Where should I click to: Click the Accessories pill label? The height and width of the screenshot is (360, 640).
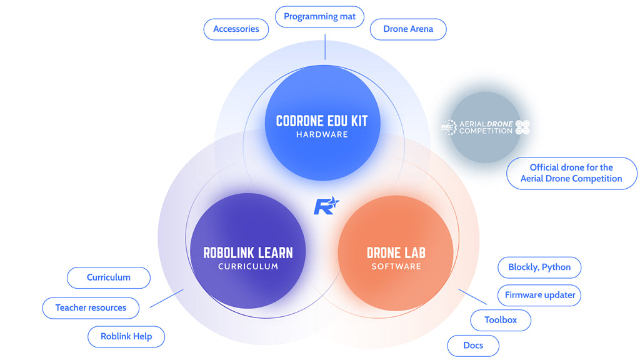(x=236, y=29)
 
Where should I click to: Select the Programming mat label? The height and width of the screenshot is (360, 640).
(x=319, y=17)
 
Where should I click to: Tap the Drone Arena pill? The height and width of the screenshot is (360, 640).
(x=408, y=29)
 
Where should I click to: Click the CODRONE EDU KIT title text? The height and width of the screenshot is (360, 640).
(x=322, y=121)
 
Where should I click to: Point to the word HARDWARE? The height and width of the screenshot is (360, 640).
(x=322, y=134)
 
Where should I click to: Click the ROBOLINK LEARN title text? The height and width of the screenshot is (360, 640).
(x=247, y=252)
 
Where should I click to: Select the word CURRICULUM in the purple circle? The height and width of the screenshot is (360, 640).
(x=247, y=267)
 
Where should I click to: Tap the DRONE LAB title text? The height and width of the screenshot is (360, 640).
(x=396, y=252)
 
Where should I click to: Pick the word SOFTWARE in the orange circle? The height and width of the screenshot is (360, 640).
(x=396, y=267)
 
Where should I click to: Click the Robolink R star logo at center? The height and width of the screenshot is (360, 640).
(x=326, y=205)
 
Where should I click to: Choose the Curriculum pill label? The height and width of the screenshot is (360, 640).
(x=109, y=277)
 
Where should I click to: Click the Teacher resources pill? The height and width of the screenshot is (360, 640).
(x=91, y=307)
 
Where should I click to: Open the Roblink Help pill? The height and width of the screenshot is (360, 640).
(x=126, y=336)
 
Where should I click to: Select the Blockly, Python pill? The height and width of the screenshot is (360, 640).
(x=539, y=267)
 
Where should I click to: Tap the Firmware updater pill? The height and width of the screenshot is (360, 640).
(x=540, y=295)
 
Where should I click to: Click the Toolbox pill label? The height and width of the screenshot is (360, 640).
(x=501, y=320)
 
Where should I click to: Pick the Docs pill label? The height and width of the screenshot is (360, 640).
(x=473, y=346)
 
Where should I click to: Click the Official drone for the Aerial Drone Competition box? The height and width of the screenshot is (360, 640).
(x=571, y=173)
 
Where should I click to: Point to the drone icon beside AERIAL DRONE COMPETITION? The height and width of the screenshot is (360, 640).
(x=522, y=127)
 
